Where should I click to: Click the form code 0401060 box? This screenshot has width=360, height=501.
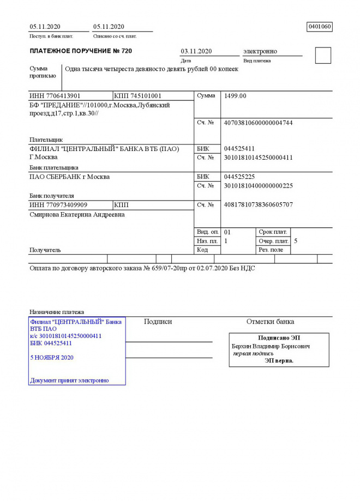[320, 26]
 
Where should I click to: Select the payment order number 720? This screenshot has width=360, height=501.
[126, 51]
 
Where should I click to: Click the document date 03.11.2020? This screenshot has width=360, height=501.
[196, 51]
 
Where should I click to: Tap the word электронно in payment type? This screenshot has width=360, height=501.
[260, 51]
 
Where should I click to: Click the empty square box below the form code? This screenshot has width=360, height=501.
[323, 56]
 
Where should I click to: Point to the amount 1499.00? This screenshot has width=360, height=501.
[236, 96]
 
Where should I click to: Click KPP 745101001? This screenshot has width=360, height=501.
[138, 96]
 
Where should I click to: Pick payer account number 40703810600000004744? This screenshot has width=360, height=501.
[259, 123]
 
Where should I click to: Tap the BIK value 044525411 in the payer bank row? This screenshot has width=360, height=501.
[239, 149]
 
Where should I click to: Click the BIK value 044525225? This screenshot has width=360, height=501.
[239, 177]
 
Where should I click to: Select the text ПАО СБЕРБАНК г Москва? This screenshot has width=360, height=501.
[69, 177]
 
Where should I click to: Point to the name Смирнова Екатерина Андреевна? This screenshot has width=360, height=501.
[76, 215]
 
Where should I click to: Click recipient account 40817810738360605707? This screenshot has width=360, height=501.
[259, 205]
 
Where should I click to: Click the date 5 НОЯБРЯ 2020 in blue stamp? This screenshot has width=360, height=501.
[52, 358]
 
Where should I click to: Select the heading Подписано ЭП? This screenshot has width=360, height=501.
[279, 338]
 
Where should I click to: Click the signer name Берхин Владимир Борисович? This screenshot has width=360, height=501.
[271, 346]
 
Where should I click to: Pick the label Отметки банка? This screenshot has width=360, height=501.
[270, 322]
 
